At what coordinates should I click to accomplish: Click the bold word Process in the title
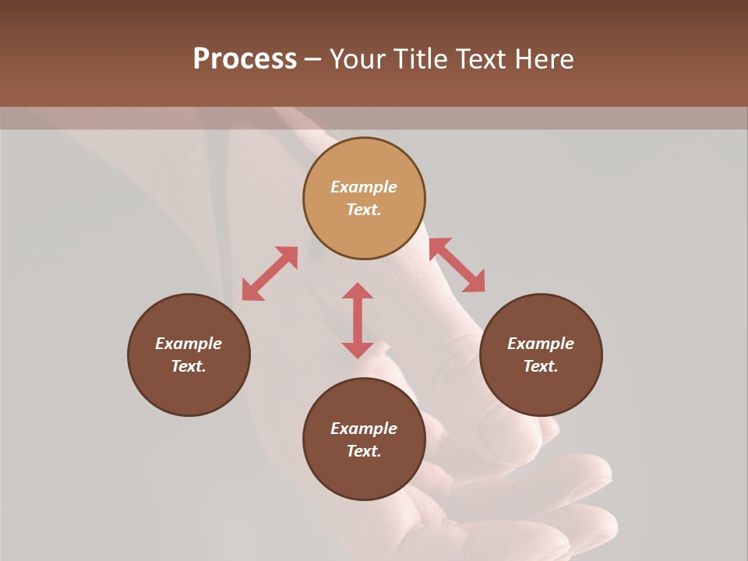(x=245, y=59)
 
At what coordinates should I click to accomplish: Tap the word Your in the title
(x=359, y=59)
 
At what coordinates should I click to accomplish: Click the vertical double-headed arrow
(x=358, y=320)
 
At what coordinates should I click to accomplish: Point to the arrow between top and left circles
(x=270, y=273)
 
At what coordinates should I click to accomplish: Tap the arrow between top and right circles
(x=457, y=265)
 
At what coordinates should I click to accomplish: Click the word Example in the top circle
(x=364, y=187)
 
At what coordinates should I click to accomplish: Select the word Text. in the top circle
(x=364, y=210)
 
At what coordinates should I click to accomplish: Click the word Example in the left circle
(x=189, y=344)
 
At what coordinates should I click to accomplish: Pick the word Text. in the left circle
(x=189, y=366)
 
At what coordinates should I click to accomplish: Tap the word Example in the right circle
(x=541, y=344)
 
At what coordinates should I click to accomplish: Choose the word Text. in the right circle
(x=541, y=366)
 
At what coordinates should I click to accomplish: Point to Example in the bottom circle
(x=364, y=429)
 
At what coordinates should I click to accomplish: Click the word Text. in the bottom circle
(x=364, y=451)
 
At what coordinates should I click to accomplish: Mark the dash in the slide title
(x=313, y=60)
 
